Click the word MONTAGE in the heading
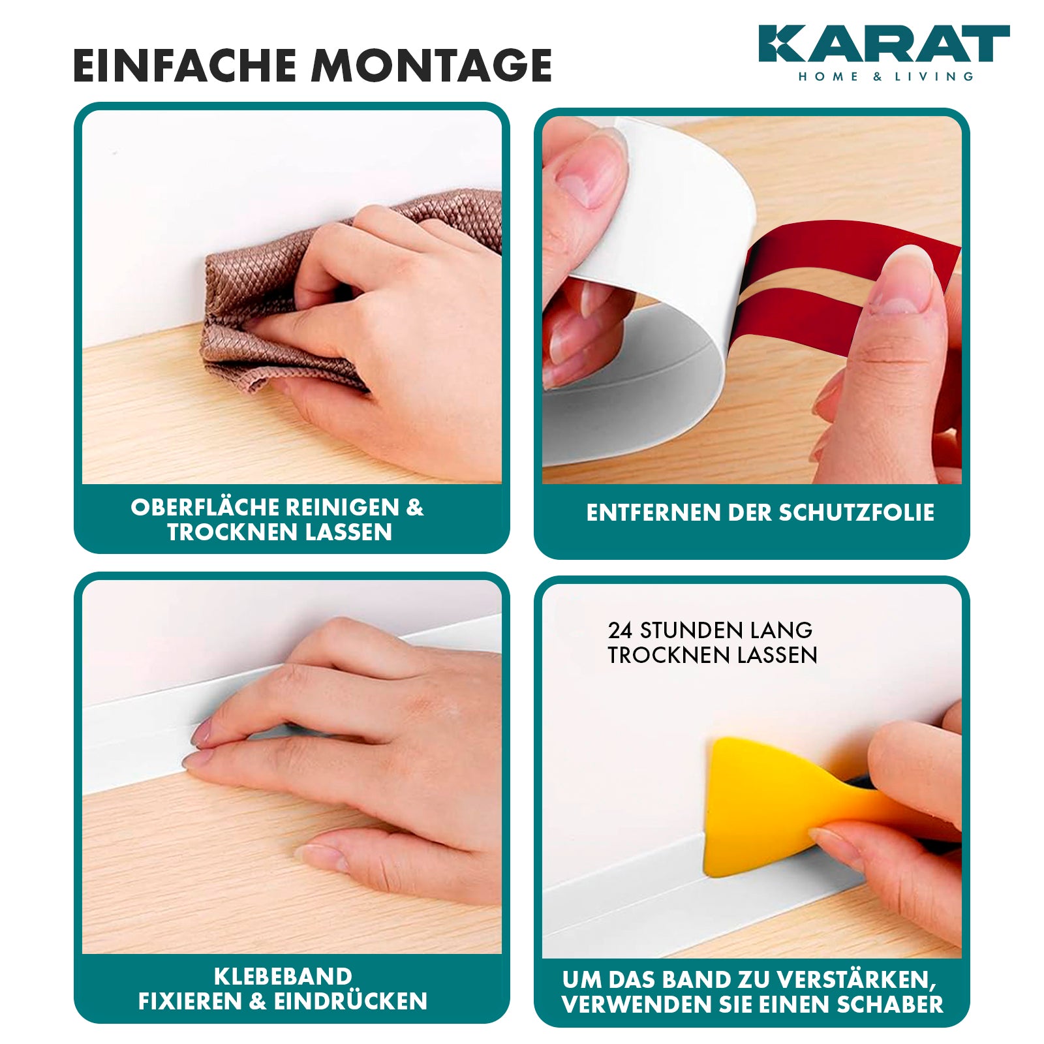click(432, 65)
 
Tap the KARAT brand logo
click(884, 44)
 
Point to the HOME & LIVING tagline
click(886, 76)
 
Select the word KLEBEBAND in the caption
click(283, 977)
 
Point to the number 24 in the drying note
click(620, 630)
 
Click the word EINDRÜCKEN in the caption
click(350, 1002)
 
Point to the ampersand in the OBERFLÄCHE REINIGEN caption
click(415, 508)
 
